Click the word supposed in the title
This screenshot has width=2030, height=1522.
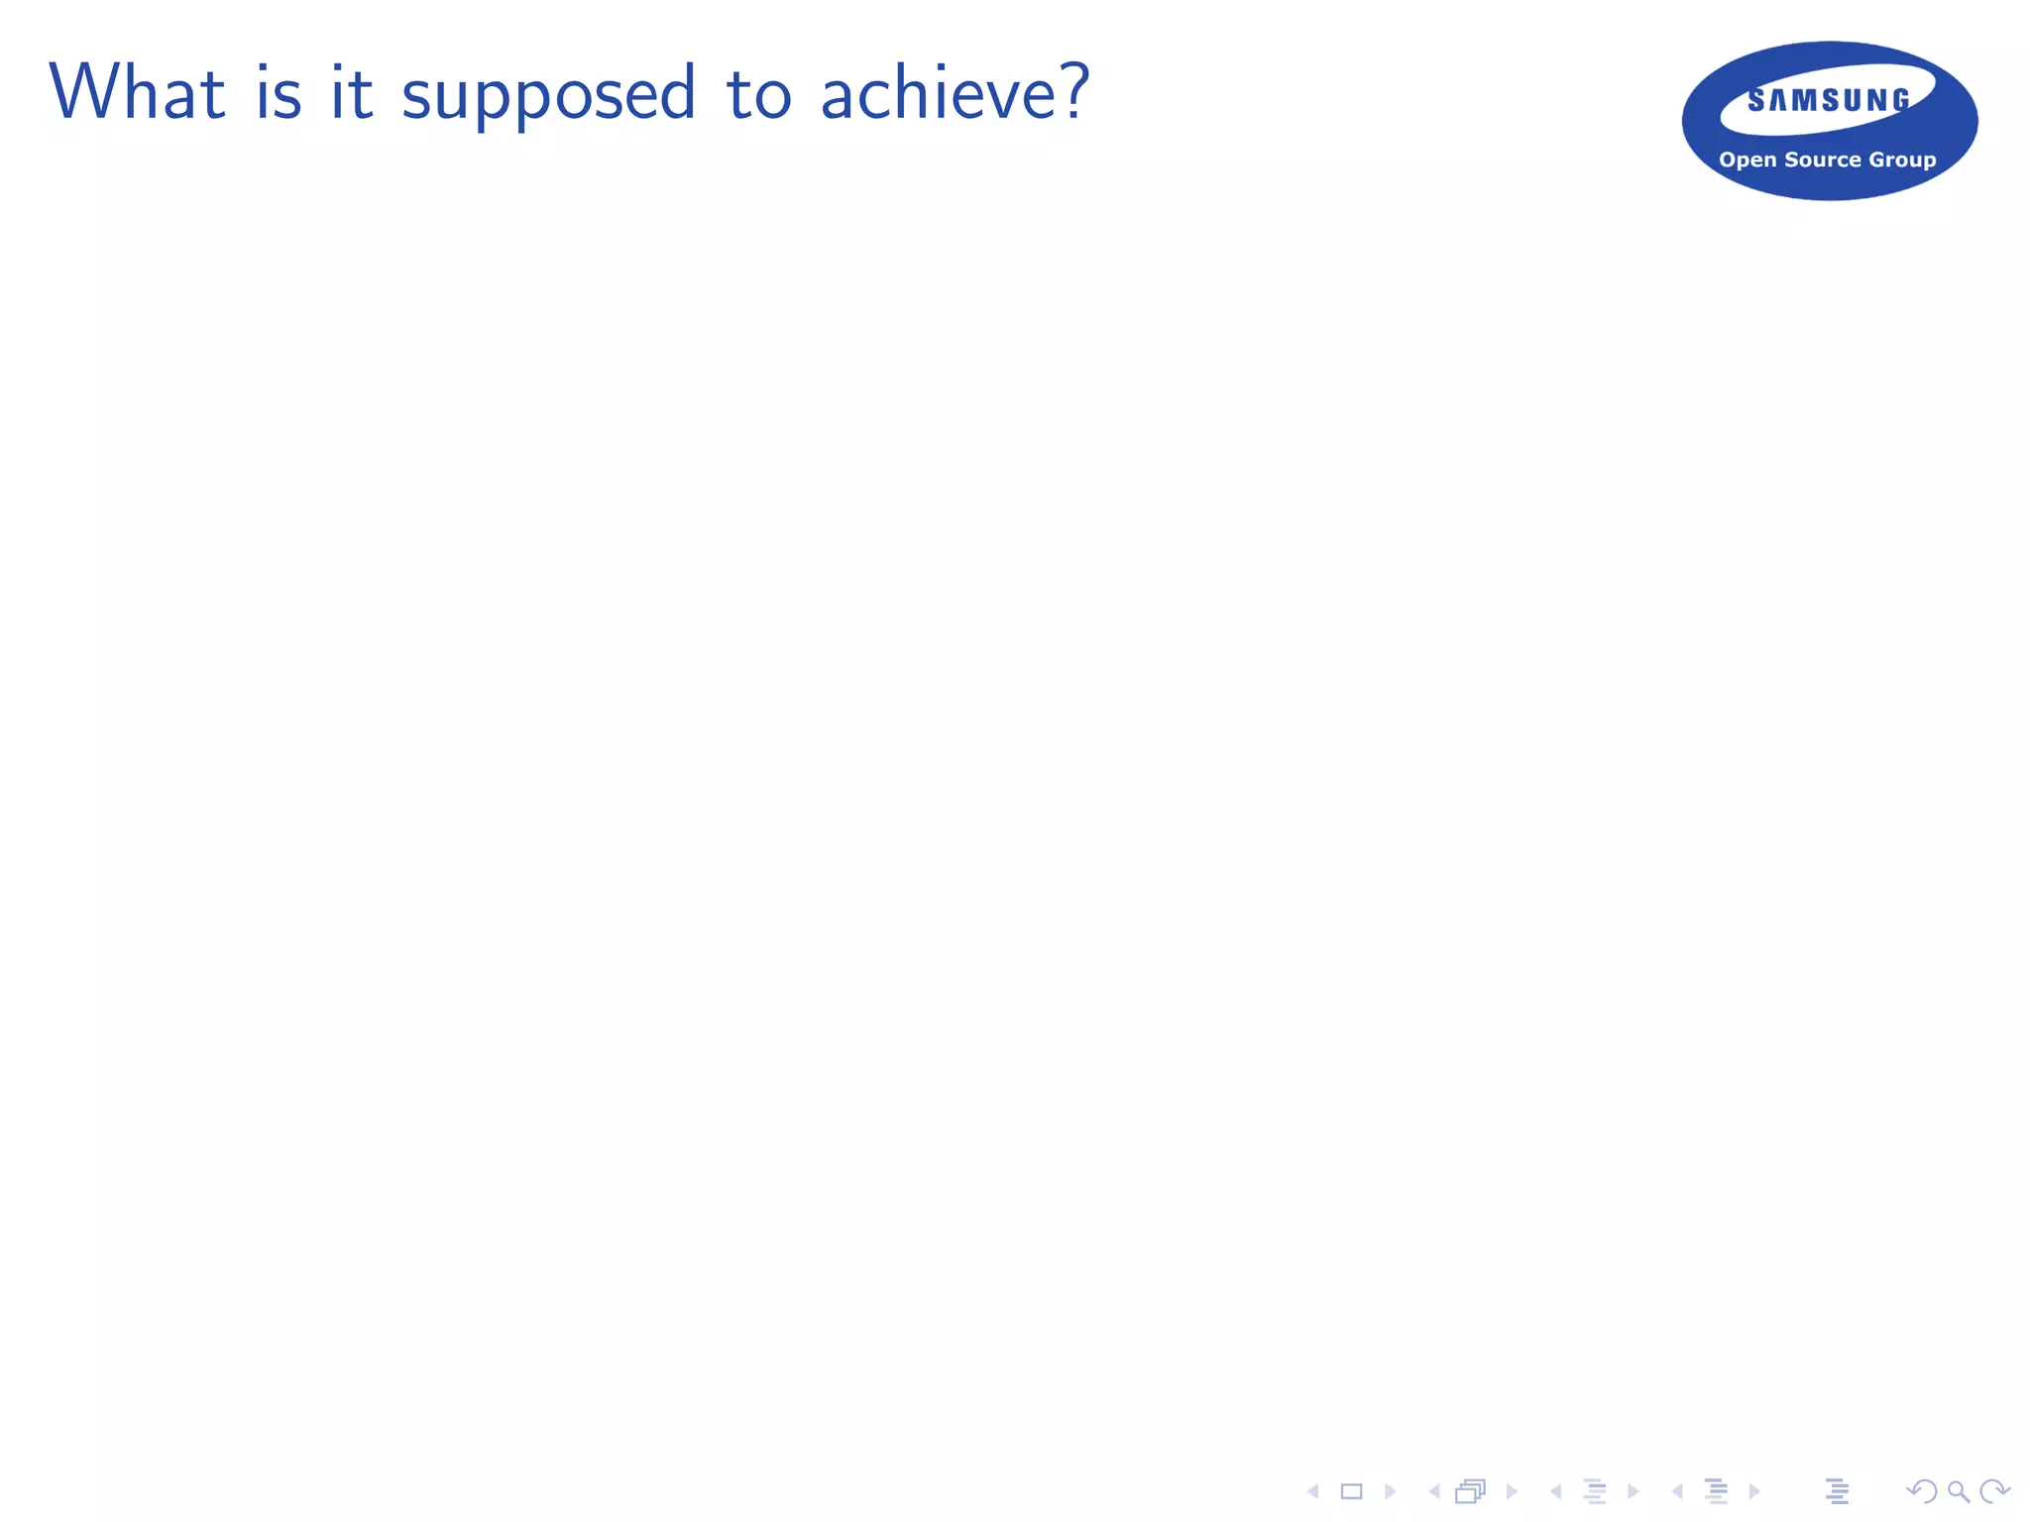[548, 94]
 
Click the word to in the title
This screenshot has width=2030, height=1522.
[759, 94]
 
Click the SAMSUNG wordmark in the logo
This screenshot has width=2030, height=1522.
[1829, 100]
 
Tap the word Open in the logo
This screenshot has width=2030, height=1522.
[1747, 160]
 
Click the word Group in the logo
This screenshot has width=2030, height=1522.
[1902, 160]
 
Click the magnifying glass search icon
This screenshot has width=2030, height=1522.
[1958, 1491]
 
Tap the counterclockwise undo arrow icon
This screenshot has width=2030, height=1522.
[1922, 1491]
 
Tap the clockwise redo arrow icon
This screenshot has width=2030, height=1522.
[1993, 1491]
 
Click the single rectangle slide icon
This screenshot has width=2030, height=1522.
[1351, 1491]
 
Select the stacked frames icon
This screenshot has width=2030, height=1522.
[1471, 1491]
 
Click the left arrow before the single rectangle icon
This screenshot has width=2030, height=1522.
[1313, 1491]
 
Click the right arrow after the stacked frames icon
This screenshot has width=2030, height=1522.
[1511, 1491]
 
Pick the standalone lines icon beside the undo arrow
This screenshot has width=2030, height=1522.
[1837, 1491]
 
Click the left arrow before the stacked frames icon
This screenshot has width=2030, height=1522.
[1434, 1491]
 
